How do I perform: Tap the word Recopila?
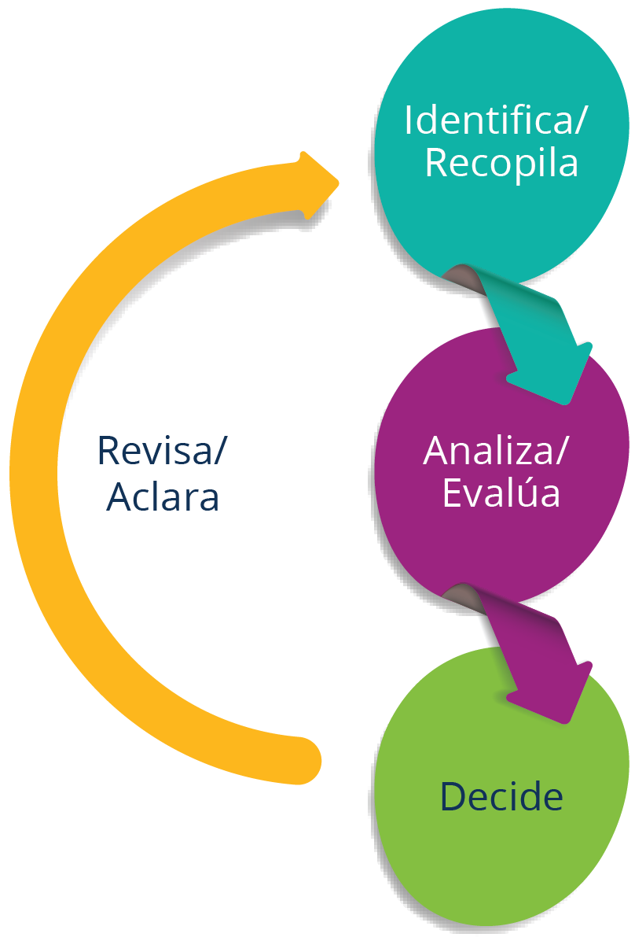[x=501, y=163]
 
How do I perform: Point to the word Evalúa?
[x=501, y=493]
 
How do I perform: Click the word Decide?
[x=501, y=796]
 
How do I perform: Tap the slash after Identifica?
[x=582, y=120]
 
